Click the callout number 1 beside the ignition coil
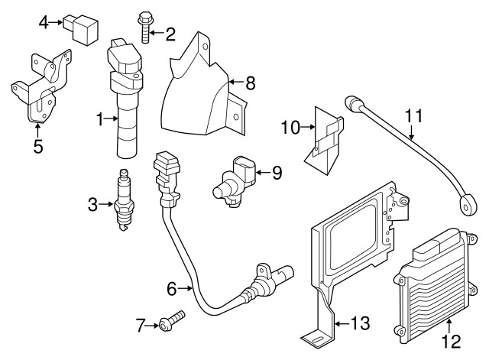click(99, 118)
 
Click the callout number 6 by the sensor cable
click(172, 288)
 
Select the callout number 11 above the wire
click(413, 117)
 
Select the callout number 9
click(277, 173)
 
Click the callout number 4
click(44, 21)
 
